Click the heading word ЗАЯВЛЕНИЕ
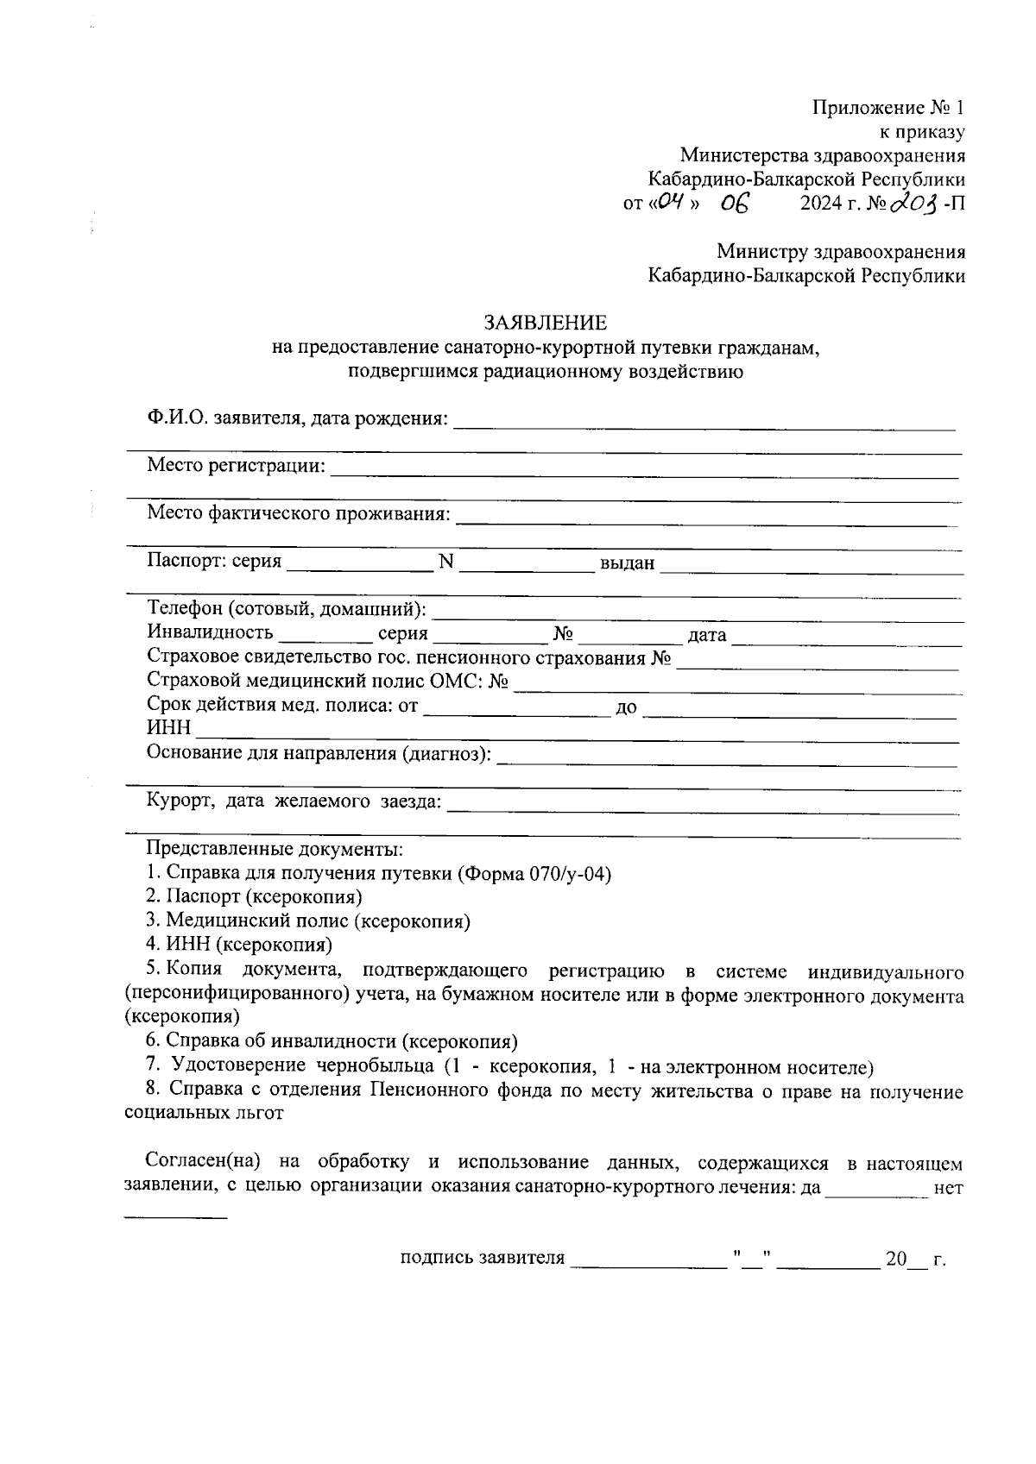click(x=545, y=323)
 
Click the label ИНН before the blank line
click(x=169, y=730)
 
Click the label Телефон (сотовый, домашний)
click(x=287, y=610)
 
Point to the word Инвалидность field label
click(x=211, y=633)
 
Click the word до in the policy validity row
click(x=626, y=707)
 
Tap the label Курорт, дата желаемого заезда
click(x=294, y=801)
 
